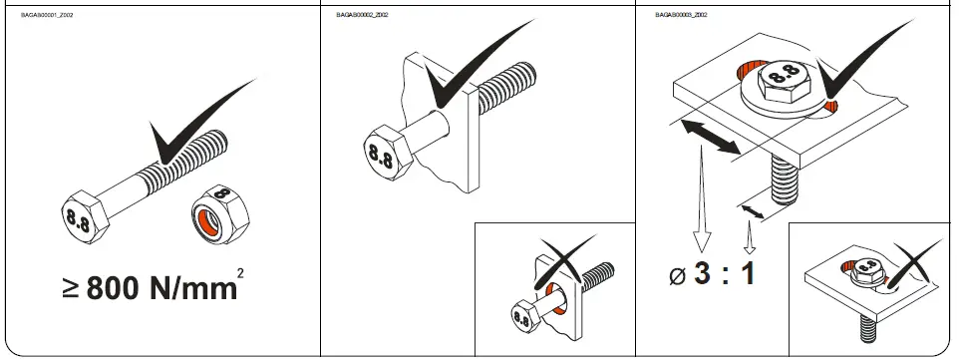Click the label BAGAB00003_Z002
click(x=682, y=16)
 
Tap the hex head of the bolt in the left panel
click(x=79, y=211)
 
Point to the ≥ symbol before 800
click(x=71, y=289)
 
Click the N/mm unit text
click(x=193, y=288)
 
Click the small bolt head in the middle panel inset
click(x=521, y=318)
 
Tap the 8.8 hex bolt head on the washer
click(x=783, y=78)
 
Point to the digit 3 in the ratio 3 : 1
click(x=704, y=272)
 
